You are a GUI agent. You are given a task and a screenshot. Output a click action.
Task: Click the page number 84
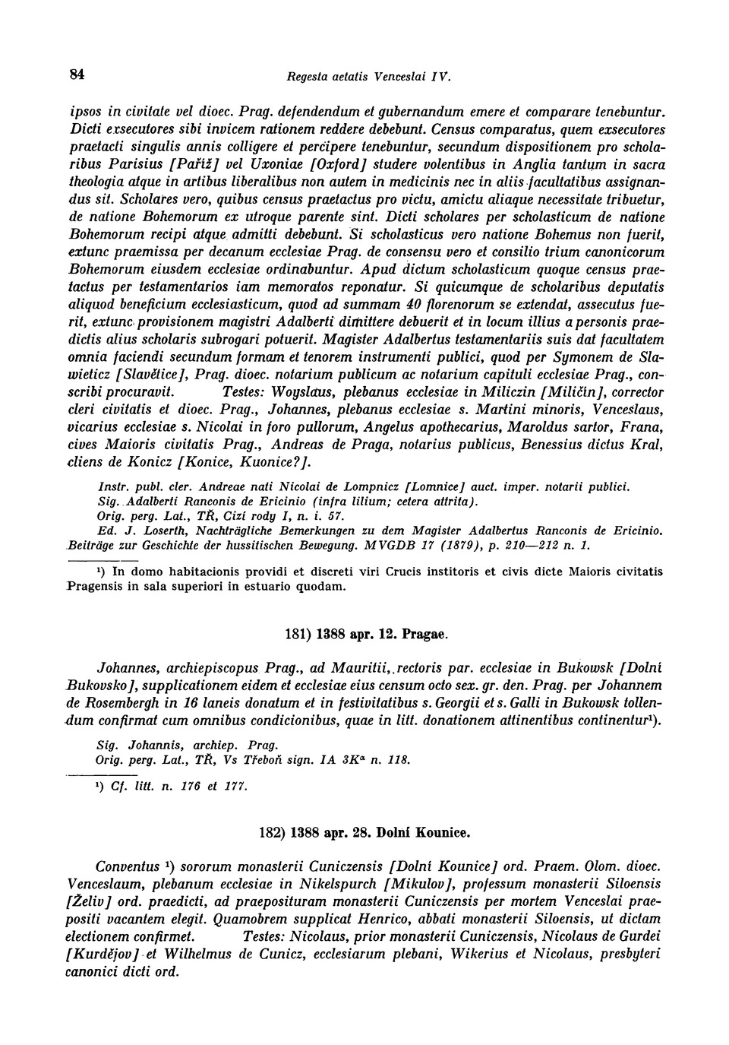click(76, 74)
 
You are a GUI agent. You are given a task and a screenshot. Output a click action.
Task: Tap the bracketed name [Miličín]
click(569, 392)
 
